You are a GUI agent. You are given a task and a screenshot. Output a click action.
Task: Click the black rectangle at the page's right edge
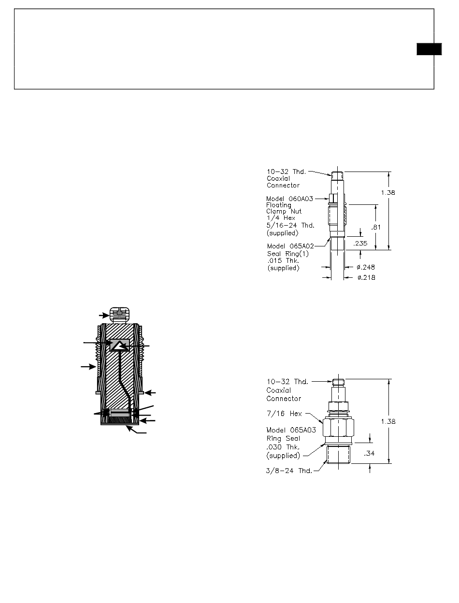(429, 49)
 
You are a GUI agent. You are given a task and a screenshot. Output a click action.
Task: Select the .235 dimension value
(360, 244)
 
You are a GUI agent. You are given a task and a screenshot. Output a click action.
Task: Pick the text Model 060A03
(286, 199)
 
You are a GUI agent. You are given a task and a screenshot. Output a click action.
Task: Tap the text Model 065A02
(286, 245)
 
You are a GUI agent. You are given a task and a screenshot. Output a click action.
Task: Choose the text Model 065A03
(286, 431)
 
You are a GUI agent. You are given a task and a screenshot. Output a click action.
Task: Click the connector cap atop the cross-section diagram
(119, 314)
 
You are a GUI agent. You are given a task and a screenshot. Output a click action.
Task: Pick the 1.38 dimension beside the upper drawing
(387, 192)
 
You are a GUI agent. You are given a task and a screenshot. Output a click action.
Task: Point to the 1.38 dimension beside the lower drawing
(387, 421)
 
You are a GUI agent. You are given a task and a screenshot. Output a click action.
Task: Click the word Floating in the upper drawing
(278, 205)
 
